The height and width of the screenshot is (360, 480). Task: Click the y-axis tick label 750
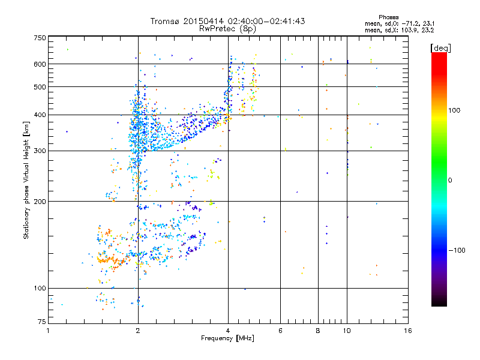pos(40,38)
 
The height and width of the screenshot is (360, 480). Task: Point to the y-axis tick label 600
pos(40,64)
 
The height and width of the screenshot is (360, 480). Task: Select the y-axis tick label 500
pos(40,86)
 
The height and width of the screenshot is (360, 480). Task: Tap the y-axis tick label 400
pos(40,115)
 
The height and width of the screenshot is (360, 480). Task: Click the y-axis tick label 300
pos(40,151)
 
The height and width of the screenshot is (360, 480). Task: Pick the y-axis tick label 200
pos(40,201)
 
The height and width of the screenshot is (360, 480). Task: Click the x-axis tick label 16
pos(407,331)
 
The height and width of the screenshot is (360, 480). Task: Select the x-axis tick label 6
pos(280,331)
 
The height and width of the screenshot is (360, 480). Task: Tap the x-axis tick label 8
pos(318,331)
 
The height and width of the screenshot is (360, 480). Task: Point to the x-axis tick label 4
pos(228,331)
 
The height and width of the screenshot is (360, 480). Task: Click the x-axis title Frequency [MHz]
pos(227,339)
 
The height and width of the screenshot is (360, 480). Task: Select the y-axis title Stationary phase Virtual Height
pos(26,180)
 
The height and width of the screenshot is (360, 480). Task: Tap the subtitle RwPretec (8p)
pos(227,28)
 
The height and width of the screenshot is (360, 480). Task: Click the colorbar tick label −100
pos(458,250)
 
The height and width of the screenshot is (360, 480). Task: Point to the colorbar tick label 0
pos(451,180)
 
